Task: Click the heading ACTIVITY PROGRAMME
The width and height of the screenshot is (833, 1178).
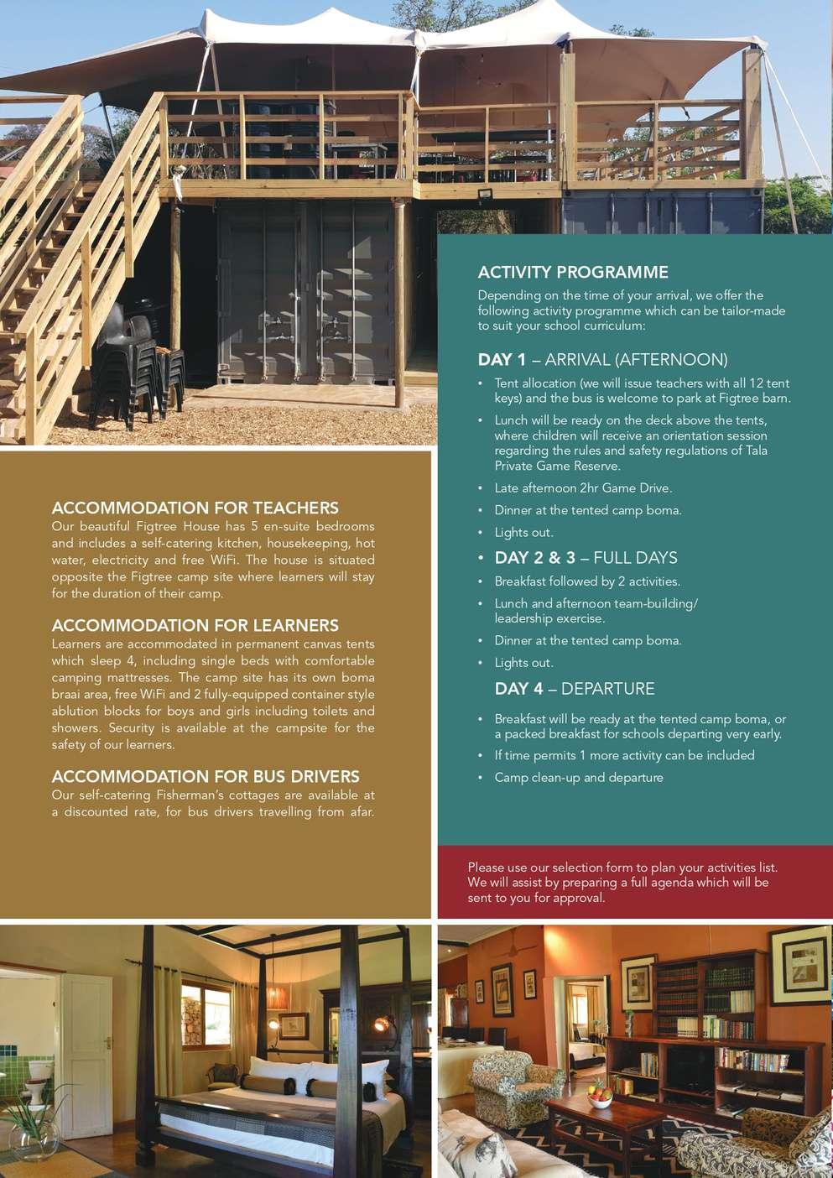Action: (x=573, y=272)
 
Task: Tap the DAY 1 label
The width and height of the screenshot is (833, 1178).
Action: (x=502, y=360)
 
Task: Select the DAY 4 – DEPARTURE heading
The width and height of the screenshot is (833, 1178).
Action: (x=574, y=689)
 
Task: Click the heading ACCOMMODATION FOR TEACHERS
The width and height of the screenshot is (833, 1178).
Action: (x=195, y=508)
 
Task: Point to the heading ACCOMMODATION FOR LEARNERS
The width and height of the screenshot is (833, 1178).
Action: (x=195, y=625)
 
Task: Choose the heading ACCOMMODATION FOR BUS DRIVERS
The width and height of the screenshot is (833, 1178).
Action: (x=206, y=776)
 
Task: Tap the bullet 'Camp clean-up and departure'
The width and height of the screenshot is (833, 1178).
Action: (x=579, y=777)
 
